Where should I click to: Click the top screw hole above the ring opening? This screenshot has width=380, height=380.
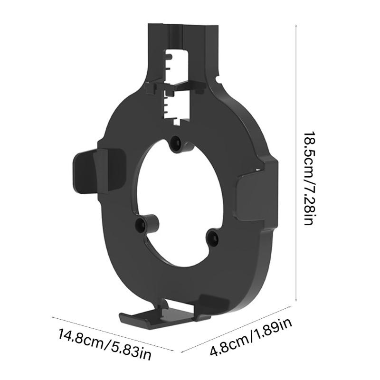click(177, 142)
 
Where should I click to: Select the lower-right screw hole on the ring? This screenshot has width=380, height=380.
click(212, 237)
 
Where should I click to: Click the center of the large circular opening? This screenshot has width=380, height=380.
click(178, 199)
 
